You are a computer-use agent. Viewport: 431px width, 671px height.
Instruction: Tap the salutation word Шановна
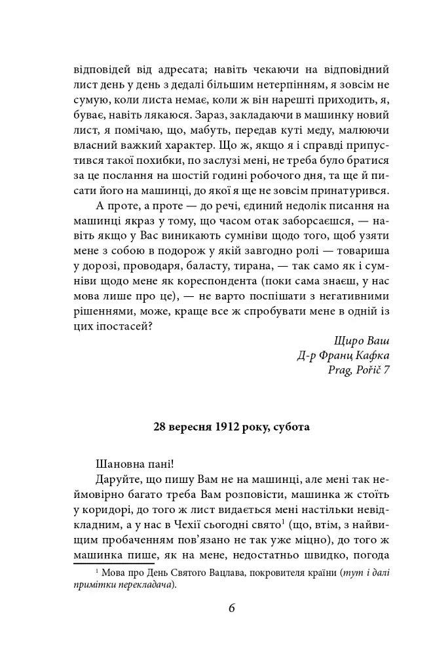click(x=119, y=470)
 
